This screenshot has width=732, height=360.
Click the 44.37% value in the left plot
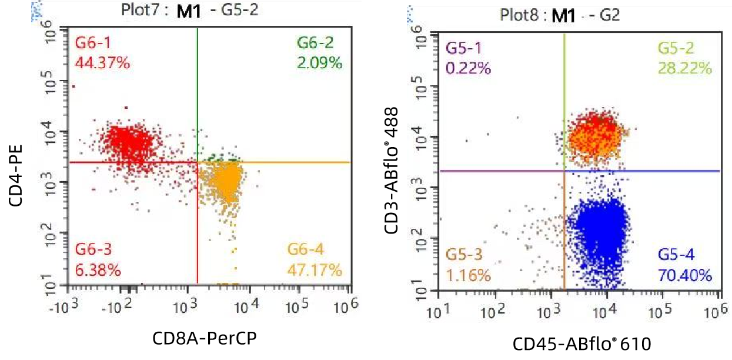tap(103, 62)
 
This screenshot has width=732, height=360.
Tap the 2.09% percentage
tap(319, 62)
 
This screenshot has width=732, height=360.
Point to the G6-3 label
tap(93, 250)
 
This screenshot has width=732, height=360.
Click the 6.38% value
tap(98, 270)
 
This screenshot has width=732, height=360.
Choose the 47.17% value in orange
tap(315, 270)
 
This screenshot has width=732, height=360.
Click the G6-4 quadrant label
tap(306, 250)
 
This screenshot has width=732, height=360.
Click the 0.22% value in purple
tap(468, 68)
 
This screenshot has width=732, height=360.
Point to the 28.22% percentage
tap(685, 68)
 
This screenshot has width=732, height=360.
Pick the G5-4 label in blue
tap(676, 255)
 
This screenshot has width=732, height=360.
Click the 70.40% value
tap(685, 275)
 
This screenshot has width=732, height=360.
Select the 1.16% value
tap(468, 275)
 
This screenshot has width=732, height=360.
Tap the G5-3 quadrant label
tap(464, 255)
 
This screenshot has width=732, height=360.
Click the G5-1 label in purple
tap(463, 48)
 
